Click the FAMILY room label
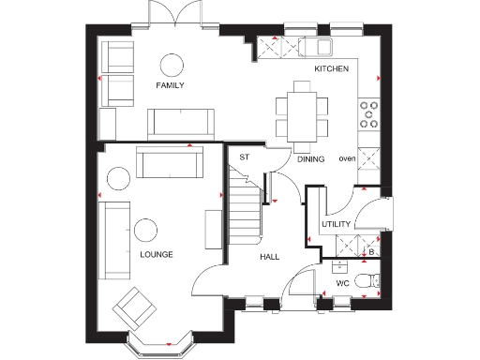(x=170, y=85)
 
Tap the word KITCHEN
(x=332, y=69)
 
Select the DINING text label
(x=311, y=159)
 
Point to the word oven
(x=347, y=157)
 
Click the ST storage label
(x=244, y=157)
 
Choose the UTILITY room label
(x=336, y=224)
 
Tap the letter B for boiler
(x=371, y=251)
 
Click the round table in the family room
(x=172, y=64)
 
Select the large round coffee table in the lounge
(x=145, y=231)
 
